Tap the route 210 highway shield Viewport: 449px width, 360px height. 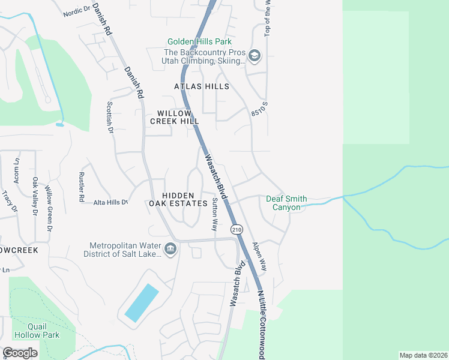(235, 229)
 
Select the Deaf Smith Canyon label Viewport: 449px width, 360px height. (286, 203)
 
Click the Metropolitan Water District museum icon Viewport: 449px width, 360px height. (170, 248)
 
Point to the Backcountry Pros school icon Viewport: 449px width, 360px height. (255, 56)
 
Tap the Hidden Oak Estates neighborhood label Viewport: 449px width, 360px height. (178, 199)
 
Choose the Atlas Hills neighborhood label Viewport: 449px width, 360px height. (202, 86)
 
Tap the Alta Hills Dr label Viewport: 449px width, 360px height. (111, 202)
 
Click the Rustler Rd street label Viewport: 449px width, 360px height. (82, 187)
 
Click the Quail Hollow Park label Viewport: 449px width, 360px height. (43, 331)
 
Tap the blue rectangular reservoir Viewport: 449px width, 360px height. (142, 302)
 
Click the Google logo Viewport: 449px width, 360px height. (20, 352)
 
